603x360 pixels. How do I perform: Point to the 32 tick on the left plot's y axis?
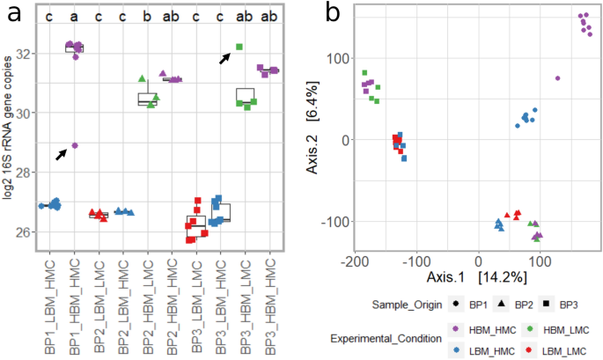pos(26,54)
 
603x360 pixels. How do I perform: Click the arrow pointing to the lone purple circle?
pos(61,154)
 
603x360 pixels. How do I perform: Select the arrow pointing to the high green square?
pos(225,56)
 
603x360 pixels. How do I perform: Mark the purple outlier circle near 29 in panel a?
pos(75,145)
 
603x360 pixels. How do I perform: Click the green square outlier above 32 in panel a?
pos(239,47)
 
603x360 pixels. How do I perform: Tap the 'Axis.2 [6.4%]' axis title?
pos(313,140)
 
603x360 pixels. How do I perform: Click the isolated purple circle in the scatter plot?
pos(557,78)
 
